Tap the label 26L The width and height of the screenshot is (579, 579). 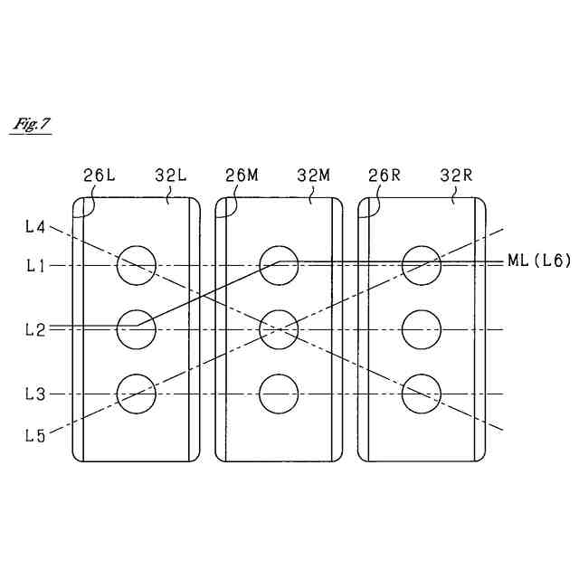pos(100,176)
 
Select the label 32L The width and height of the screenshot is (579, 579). pos(171,176)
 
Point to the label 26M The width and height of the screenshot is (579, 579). pos(242,176)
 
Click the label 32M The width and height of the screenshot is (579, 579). pos(313,176)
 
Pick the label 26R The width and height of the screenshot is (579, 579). pos(384,176)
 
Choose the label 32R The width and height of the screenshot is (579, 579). pos(456,176)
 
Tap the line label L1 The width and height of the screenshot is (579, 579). pos(35,266)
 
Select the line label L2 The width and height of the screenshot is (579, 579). pos(35,330)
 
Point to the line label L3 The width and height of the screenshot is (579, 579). pos(35,394)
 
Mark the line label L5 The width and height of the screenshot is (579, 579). pos(35,434)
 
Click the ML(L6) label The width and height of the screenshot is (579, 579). pos(536,261)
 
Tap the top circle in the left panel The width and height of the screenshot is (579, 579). pos(137,265)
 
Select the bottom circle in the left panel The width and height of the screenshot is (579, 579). pos(137,394)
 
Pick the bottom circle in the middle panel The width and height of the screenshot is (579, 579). pos(280,394)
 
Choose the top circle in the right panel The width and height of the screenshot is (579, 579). pos(422,265)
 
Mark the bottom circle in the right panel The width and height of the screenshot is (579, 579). pos(422,394)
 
